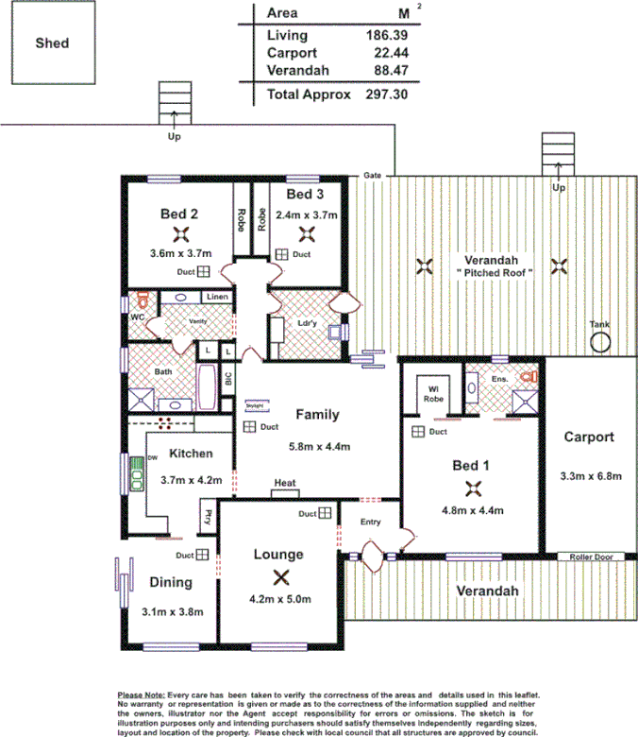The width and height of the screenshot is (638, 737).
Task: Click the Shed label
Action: pyautogui.click(x=52, y=43)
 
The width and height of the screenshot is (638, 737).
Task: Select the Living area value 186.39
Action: pyautogui.click(x=386, y=35)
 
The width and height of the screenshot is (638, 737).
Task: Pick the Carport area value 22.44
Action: pyautogui.click(x=386, y=53)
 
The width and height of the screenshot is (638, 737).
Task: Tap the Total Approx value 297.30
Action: pyautogui.click(x=386, y=94)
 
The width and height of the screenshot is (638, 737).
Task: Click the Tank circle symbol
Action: pyautogui.click(x=600, y=342)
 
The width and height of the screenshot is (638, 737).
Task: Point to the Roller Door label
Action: pyautogui.click(x=591, y=557)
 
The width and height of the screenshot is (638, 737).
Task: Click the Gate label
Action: pyautogui.click(x=373, y=176)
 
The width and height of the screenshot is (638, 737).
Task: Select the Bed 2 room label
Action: pyautogui.click(x=178, y=214)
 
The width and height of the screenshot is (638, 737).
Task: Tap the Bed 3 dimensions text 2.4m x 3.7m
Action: pyautogui.click(x=307, y=214)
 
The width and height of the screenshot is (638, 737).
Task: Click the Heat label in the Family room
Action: pyautogui.click(x=285, y=484)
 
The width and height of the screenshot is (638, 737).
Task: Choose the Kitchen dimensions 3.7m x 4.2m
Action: pyautogui.click(x=190, y=480)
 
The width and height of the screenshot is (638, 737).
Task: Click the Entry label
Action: pyautogui.click(x=371, y=522)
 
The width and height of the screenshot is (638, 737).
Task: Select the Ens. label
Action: pyautogui.click(x=500, y=379)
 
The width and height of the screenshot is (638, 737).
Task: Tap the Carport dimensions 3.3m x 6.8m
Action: pyautogui.click(x=591, y=476)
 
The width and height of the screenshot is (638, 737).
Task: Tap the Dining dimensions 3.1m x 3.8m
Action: pyautogui.click(x=171, y=611)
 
